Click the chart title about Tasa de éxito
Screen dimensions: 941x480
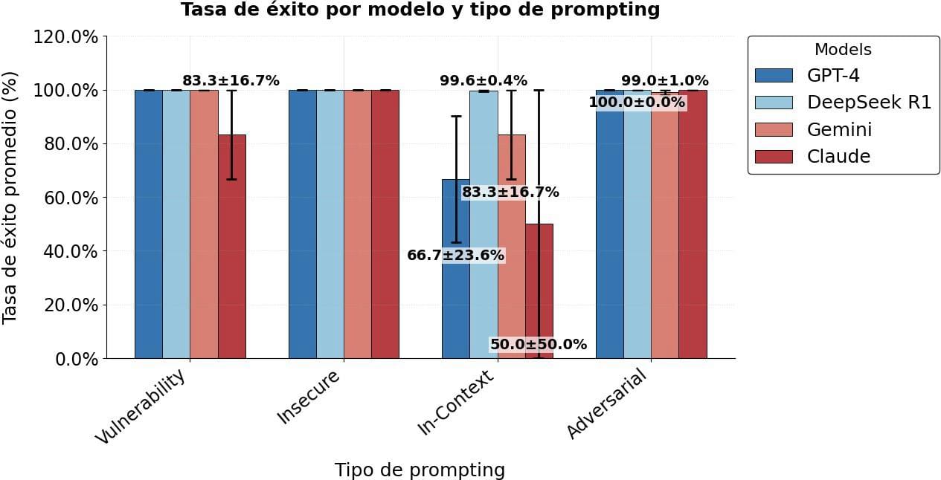pyautogui.click(x=420, y=9)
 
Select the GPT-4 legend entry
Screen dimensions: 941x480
pyautogui.click(x=806, y=76)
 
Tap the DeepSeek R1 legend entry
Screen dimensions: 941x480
pyautogui.click(x=843, y=103)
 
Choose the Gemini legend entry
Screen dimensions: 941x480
pyautogui.click(x=813, y=129)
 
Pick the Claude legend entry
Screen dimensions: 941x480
pyautogui.click(x=812, y=157)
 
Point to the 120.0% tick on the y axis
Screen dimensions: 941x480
pyautogui.click(x=65, y=37)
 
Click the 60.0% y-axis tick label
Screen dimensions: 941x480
pyautogui.click(x=71, y=198)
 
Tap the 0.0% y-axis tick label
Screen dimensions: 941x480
pyautogui.click(x=77, y=359)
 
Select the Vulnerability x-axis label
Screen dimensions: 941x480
pyautogui.click(x=140, y=406)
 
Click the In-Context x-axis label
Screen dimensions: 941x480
pyautogui.click(x=456, y=403)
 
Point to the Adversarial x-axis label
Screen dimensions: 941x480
pyautogui.click(x=606, y=403)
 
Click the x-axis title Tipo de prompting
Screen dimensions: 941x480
pyautogui.click(x=420, y=470)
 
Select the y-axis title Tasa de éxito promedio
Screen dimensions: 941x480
pyautogui.click(x=9, y=198)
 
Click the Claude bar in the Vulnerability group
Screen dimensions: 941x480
pyautogui.click(x=232, y=246)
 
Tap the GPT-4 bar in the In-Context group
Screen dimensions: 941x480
pyautogui.click(x=456, y=268)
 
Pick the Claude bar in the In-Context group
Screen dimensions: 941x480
pyautogui.click(x=539, y=291)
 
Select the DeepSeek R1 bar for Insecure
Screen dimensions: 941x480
pyautogui.click(x=330, y=224)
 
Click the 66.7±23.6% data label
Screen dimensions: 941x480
pyautogui.click(x=456, y=255)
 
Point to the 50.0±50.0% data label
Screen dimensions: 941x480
pyautogui.click(x=539, y=344)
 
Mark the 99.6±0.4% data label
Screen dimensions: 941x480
pyautogui.click(x=484, y=80)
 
